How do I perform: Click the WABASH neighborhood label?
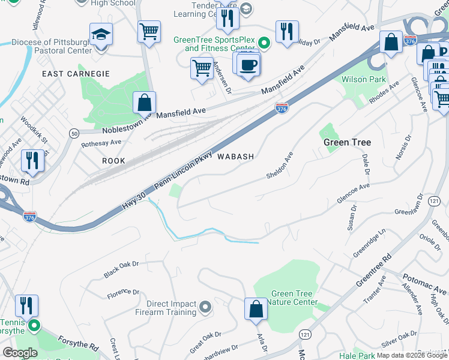click(235, 157)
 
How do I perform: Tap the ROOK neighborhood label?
click(113, 161)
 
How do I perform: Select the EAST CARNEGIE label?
click(76, 74)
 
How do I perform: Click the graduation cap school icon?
click(101, 35)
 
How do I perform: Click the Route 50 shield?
click(74, 133)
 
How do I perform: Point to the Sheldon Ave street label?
click(280, 166)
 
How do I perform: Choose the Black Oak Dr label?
click(121, 268)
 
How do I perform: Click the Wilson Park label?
click(363, 79)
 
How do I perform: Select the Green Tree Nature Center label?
click(292, 298)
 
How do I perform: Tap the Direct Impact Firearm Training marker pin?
click(205, 308)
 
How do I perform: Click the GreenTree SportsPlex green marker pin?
click(265, 43)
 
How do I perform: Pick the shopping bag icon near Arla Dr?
click(256, 309)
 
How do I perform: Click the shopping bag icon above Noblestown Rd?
click(145, 103)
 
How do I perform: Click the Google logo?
click(20, 353)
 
